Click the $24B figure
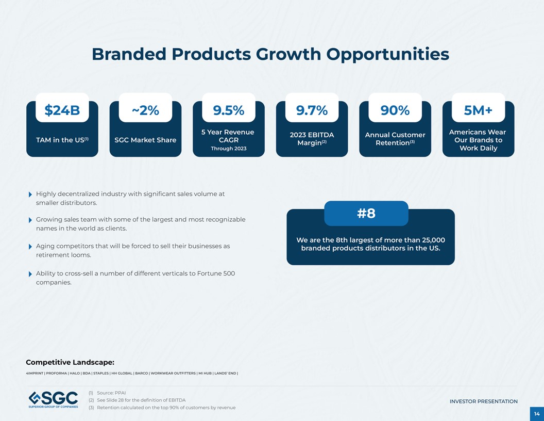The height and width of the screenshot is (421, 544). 62,110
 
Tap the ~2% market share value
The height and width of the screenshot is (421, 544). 145,110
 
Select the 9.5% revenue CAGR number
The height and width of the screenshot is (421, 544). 228,110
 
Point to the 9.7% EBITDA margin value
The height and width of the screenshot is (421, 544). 312,110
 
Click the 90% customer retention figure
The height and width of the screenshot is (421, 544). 395,110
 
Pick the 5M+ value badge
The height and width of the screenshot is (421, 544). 478,110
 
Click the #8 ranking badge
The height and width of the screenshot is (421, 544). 366,213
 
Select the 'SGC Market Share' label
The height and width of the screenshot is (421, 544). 145,140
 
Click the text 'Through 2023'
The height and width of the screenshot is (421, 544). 228,149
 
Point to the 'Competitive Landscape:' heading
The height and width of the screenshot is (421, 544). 70,362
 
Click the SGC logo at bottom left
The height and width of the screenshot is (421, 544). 53,400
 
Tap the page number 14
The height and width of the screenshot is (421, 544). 536,414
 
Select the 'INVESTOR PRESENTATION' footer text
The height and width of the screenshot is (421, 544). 483,401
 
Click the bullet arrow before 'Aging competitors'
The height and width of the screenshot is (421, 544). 30,247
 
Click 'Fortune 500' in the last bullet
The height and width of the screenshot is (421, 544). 216,273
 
